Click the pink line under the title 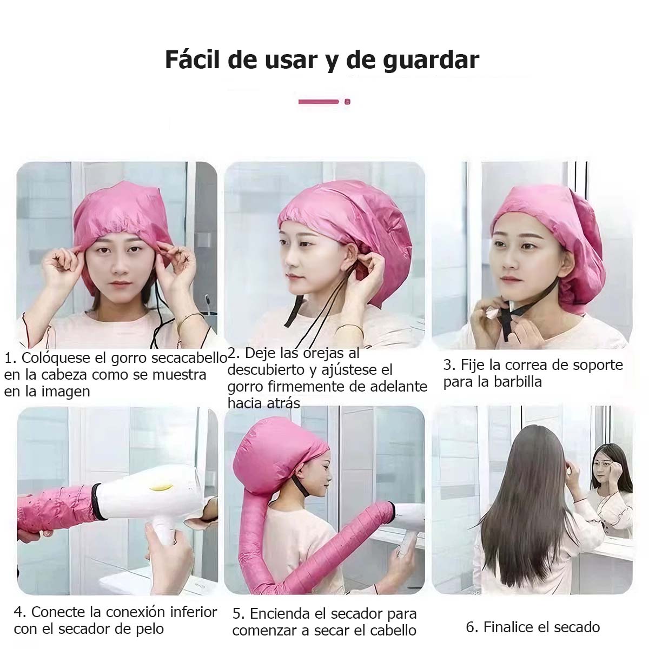point(319,101)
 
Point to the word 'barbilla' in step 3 point(518,382)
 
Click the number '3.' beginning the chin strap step point(449,365)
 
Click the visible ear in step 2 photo point(352,253)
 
